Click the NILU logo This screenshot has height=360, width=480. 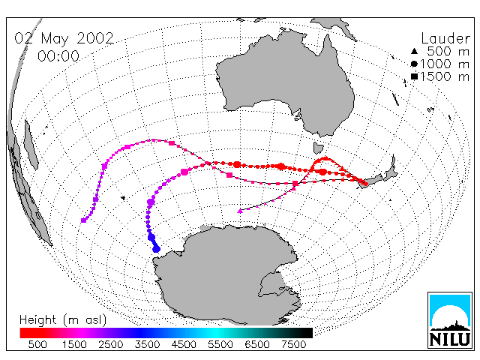click(450, 320)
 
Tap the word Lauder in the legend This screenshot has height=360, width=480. click(445, 39)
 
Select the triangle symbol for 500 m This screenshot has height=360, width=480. click(414, 51)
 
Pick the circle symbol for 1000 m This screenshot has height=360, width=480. click(414, 64)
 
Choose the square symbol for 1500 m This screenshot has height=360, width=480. click(414, 76)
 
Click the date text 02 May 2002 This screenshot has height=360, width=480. click(64, 38)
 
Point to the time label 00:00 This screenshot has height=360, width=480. click(58, 56)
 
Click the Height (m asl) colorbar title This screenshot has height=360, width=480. click(63, 320)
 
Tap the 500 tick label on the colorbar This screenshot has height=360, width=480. click(37, 344)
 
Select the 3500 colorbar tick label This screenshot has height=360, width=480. click(147, 344)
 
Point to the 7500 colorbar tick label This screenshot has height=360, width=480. click(293, 344)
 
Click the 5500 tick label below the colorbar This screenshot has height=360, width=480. click(220, 344)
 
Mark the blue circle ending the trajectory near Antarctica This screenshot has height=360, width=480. click(157, 249)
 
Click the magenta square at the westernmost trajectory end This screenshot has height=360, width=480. click(83, 220)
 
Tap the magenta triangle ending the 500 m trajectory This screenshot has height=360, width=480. click(240, 211)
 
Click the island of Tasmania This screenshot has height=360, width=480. click(318, 148)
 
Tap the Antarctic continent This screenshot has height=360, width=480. click(226, 275)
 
